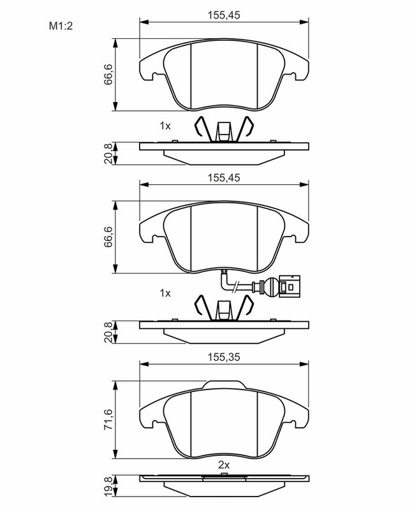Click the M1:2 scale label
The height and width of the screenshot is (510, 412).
tap(61, 26)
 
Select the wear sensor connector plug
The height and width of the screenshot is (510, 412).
tap(286, 288)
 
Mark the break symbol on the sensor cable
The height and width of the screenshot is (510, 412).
tap(236, 288)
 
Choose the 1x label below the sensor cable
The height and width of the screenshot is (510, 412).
tap(165, 293)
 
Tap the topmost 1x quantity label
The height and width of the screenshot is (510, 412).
tap(165, 126)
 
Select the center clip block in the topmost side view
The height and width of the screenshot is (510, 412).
tap(224, 131)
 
